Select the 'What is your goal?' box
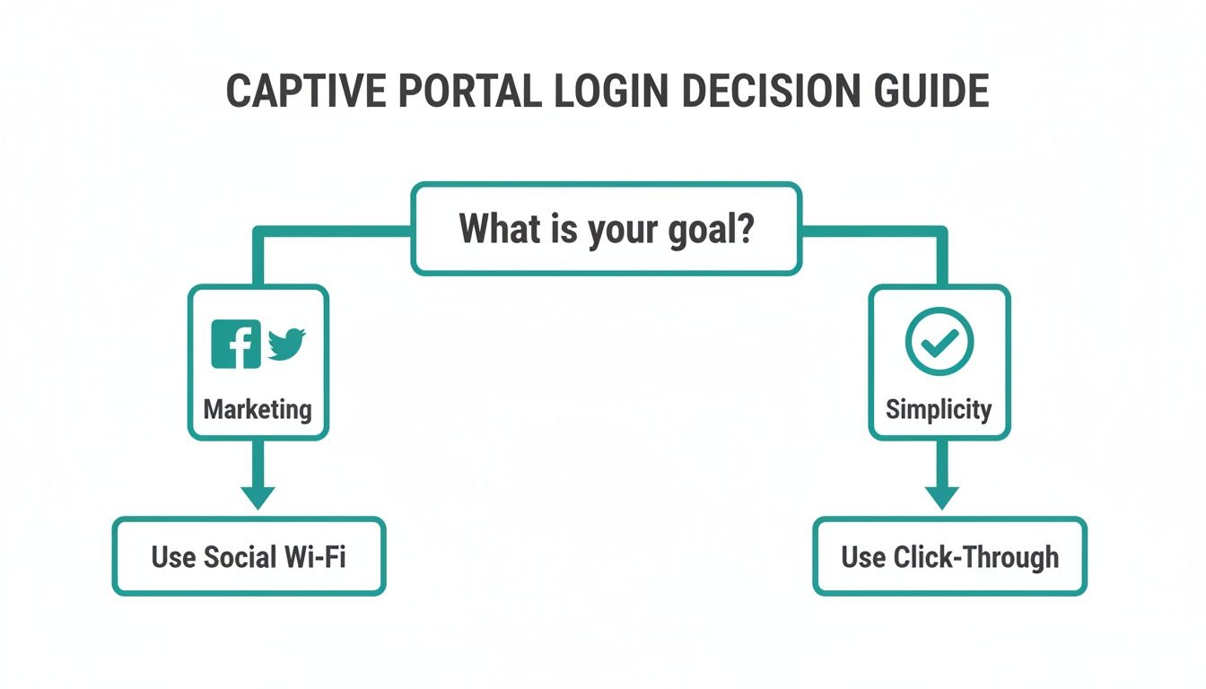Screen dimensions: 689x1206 pos(606,229)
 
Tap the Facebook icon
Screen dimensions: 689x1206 pos(236,344)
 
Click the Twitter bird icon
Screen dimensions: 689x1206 pos(286,344)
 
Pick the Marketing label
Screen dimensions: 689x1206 pos(258,410)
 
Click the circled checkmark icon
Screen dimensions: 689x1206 pos(939,341)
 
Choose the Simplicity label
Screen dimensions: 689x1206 pos(939,410)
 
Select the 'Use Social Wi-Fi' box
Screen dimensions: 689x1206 pos(249,556)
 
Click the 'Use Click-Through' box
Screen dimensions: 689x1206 pos(949,556)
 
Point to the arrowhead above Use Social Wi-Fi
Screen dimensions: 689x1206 pos(258,496)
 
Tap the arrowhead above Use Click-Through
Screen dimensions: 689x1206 pos(941,496)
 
